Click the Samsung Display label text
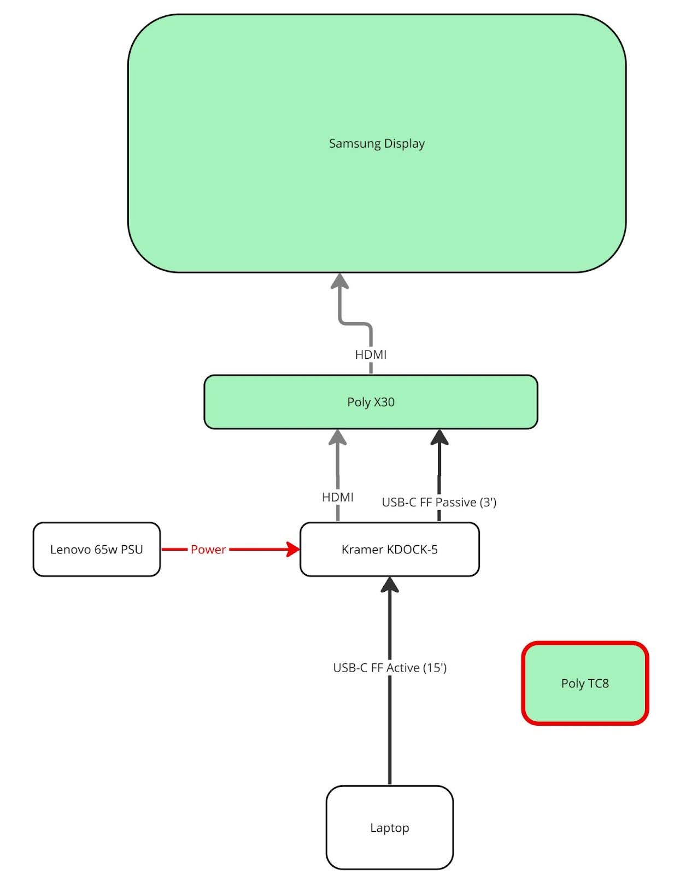click(x=377, y=143)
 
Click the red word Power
click(x=208, y=550)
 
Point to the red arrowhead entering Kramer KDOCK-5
click(x=294, y=550)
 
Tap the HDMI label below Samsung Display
click(x=371, y=354)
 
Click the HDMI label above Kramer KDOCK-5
click(x=337, y=497)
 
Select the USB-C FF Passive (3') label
click(x=439, y=502)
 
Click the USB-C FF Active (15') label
click(x=390, y=668)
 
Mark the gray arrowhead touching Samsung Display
click(x=340, y=281)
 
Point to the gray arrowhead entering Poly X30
click(x=338, y=437)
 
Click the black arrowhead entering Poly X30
click(x=439, y=437)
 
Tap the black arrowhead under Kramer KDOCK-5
click(x=390, y=585)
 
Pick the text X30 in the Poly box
click(x=384, y=402)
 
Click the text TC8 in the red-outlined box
click(x=598, y=684)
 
